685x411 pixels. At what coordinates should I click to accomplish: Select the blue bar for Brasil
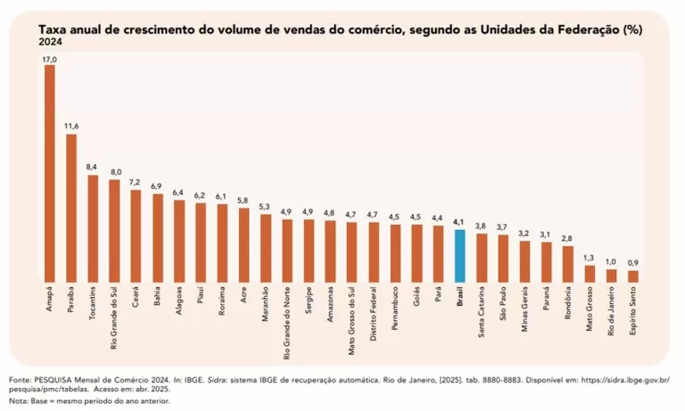pyautogui.click(x=459, y=255)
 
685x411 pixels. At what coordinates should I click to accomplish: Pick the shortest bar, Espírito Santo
pyautogui.click(x=632, y=275)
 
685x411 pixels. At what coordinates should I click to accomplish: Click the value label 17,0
pyautogui.click(x=49, y=59)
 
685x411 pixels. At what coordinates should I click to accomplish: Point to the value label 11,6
pyautogui.click(x=71, y=127)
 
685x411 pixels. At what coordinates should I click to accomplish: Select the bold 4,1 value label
pyautogui.click(x=459, y=222)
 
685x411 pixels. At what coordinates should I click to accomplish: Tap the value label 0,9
pyautogui.click(x=632, y=263)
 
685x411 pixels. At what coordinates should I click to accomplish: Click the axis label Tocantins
pyautogui.click(x=93, y=306)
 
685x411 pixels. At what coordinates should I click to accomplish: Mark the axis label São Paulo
pyautogui.click(x=503, y=306)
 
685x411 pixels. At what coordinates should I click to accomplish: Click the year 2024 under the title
pyautogui.click(x=51, y=42)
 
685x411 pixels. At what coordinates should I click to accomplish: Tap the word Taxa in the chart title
pyautogui.click(x=52, y=29)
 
